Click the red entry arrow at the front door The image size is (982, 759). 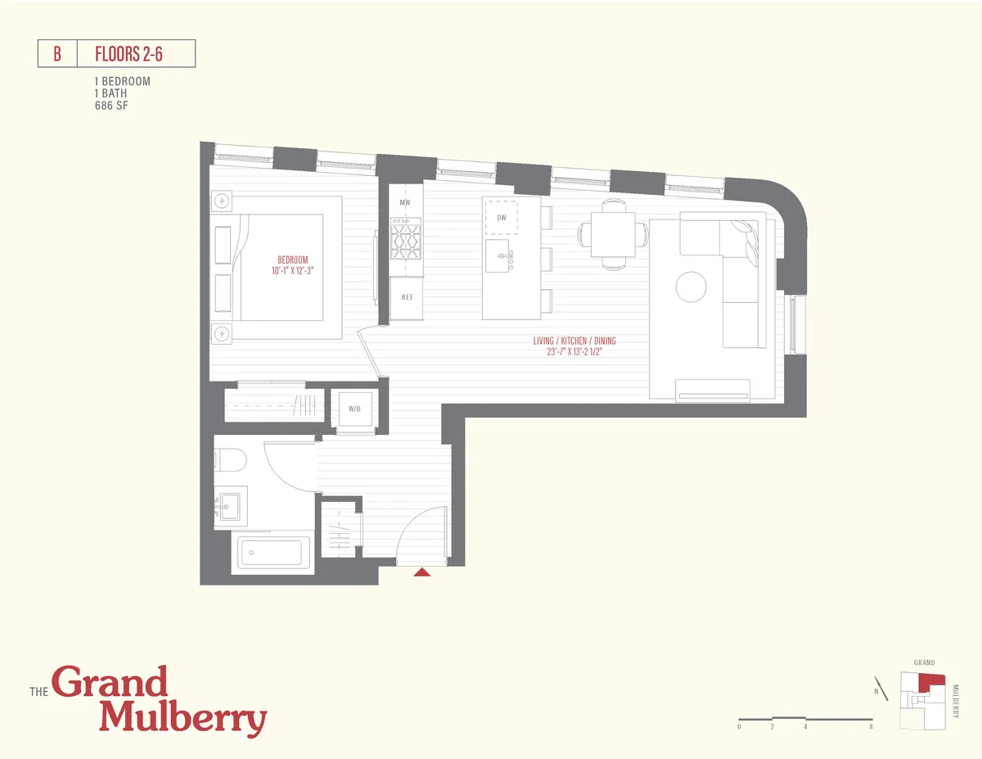(422, 572)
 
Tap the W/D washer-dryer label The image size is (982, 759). (355, 408)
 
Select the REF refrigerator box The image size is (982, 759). (407, 297)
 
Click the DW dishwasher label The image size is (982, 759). (501, 217)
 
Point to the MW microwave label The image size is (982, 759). (404, 202)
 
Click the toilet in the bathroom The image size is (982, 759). (231, 461)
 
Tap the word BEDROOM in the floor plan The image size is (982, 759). (292, 260)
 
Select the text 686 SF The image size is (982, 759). (111, 106)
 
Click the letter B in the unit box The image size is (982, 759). (57, 54)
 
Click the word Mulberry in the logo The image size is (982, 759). (183, 718)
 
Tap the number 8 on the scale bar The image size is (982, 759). (871, 726)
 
